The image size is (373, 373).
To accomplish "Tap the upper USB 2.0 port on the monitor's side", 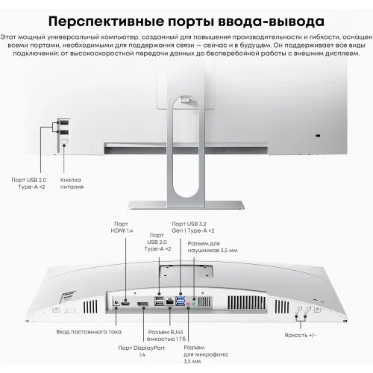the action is pos(63,122).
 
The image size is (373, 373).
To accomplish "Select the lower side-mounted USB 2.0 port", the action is pos(63,132).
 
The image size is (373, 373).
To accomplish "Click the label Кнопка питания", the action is pos(72,184).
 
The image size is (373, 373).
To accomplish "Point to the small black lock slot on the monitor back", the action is pos(318,136).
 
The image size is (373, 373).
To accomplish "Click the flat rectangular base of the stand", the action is pos(186,205).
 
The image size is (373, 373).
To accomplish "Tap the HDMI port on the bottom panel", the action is pos(125,303).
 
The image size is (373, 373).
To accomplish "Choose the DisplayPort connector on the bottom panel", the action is pos(142,304).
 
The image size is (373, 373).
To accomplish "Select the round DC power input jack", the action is pos(116,303).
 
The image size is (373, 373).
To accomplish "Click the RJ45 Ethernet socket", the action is pos(170,301).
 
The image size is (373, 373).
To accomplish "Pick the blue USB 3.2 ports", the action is pos(181,301).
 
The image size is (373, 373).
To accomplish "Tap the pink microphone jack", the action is pos(189,304).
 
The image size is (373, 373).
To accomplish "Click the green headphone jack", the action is pos(194,300).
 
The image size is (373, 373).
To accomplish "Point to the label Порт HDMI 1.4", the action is pos(122,228).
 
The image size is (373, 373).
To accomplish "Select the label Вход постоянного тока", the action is pos(89,332).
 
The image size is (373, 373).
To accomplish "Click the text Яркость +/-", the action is pos(301,335).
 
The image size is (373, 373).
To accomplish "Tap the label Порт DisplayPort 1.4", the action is pos(142,351).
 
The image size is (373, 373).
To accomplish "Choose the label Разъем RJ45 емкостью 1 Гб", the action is pos(166,335).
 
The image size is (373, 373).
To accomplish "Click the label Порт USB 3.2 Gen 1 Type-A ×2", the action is pos(193,228).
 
